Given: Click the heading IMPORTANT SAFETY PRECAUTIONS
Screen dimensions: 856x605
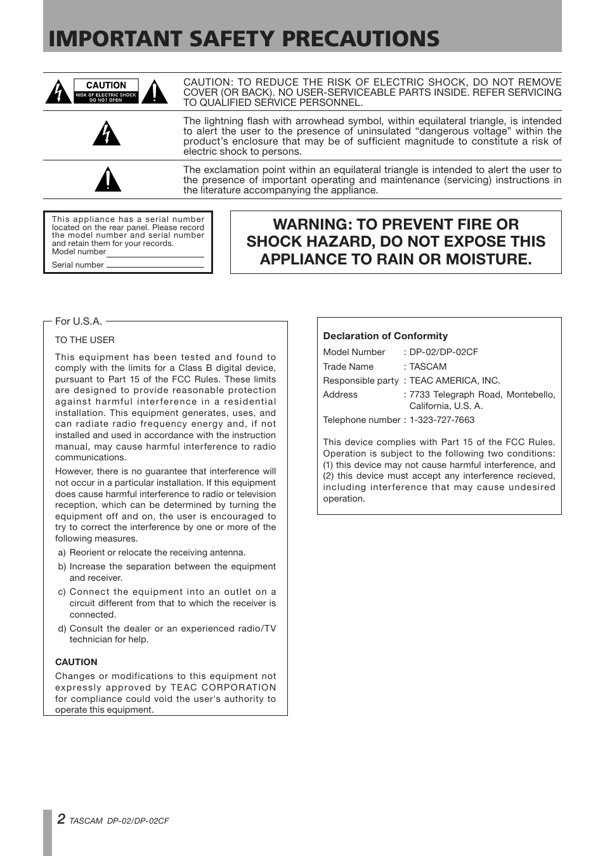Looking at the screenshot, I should click(x=244, y=39).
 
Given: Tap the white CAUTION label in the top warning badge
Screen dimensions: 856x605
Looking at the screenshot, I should click(x=106, y=85).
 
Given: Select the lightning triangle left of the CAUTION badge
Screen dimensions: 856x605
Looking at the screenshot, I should click(x=58, y=93).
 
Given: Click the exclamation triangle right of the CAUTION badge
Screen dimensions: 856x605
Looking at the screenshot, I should click(x=154, y=93).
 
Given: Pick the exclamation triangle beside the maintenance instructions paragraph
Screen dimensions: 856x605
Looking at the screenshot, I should click(x=107, y=180).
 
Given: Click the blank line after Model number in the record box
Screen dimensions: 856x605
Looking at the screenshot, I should click(x=155, y=256).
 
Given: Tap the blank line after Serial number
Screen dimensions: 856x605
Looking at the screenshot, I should click(x=155, y=266).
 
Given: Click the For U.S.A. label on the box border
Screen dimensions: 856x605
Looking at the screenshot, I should click(x=79, y=321).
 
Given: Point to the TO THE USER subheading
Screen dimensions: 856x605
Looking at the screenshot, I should click(x=85, y=340).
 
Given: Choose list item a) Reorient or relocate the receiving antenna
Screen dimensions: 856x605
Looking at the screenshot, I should click(x=152, y=552).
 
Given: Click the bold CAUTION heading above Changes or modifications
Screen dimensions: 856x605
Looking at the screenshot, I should click(x=76, y=662).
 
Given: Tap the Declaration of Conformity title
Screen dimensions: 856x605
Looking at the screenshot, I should click(x=385, y=336).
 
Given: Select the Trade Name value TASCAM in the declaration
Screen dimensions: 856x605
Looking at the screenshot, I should click(x=428, y=366).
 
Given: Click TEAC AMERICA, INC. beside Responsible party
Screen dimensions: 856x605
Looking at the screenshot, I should click(x=455, y=380).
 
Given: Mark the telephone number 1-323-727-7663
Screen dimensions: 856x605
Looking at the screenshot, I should click(x=442, y=420).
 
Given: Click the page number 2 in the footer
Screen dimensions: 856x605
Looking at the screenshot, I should click(x=60, y=819).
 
